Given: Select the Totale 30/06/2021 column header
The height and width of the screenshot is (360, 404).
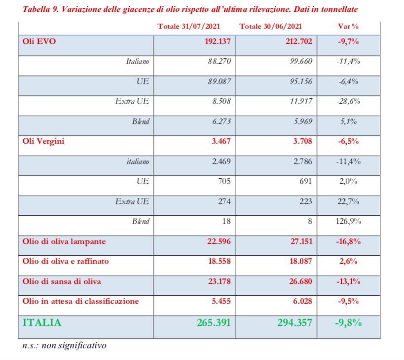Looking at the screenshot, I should (x=270, y=26).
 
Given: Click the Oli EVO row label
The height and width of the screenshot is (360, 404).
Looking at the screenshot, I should (x=39, y=41).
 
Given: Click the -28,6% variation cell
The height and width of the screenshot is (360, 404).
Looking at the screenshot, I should (x=348, y=102).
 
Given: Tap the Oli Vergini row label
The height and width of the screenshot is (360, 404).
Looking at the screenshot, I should (x=44, y=141).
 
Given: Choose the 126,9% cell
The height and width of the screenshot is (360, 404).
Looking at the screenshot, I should (x=348, y=221).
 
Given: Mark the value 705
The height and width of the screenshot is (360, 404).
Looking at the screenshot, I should (x=224, y=181).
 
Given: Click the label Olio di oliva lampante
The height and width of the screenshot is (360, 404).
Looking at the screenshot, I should (x=64, y=241).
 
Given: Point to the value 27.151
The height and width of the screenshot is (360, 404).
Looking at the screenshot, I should (x=299, y=241).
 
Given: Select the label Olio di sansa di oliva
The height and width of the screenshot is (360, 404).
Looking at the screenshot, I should (x=62, y=281).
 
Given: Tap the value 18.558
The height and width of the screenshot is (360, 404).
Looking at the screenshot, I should (x=218, y=261).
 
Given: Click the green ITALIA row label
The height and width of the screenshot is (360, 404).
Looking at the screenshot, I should (x=42, y=323).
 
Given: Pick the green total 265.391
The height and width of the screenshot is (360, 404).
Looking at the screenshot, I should (x=211, y=323).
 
